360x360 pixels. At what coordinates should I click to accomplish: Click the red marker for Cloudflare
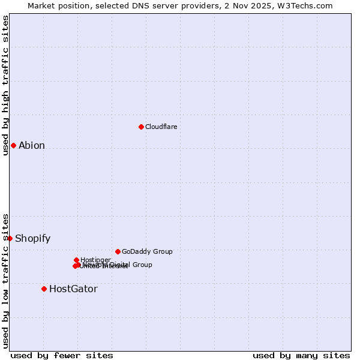(x=141, y=127)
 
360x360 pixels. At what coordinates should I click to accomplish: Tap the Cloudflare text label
(x=161, y=127)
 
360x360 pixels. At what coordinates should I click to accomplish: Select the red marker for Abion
(x=13, y=145)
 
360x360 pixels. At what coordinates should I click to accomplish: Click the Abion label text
(x=32, y=145)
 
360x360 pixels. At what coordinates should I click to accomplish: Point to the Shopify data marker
(x=10, y=238)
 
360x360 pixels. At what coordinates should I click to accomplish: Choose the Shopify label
(x=32, y=238)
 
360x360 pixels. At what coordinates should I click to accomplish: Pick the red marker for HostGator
(x=44, y=289)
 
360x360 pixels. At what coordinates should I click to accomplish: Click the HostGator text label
(x=73, y=289)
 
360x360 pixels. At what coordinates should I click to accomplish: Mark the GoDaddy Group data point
(x=118, y=251)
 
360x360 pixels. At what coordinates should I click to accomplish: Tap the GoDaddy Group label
(x=147, y=251)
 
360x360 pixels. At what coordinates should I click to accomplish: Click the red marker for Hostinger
(x=76, y=260)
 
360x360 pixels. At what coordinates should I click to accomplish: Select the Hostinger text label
(x=95, y=260)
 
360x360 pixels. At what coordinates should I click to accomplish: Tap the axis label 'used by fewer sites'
(x=62, y=355)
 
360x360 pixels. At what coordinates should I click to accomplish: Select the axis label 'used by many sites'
(x=301, y=355)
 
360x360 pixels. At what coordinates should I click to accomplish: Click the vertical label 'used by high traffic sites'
(x=5, y=85)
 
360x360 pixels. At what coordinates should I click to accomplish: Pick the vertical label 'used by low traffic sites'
(x=5, y=280)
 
